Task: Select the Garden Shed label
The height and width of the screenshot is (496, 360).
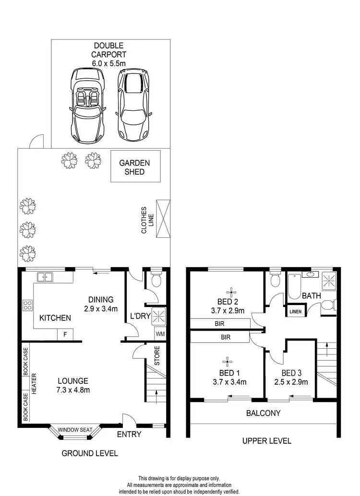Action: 134,167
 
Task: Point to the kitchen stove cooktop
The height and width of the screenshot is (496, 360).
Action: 27,305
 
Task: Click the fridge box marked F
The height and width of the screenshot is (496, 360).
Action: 65,334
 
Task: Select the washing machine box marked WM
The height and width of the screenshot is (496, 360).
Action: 159,334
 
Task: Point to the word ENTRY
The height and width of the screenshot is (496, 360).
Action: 129,435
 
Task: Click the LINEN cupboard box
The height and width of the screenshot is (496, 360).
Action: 295,312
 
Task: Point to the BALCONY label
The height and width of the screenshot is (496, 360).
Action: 263,413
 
